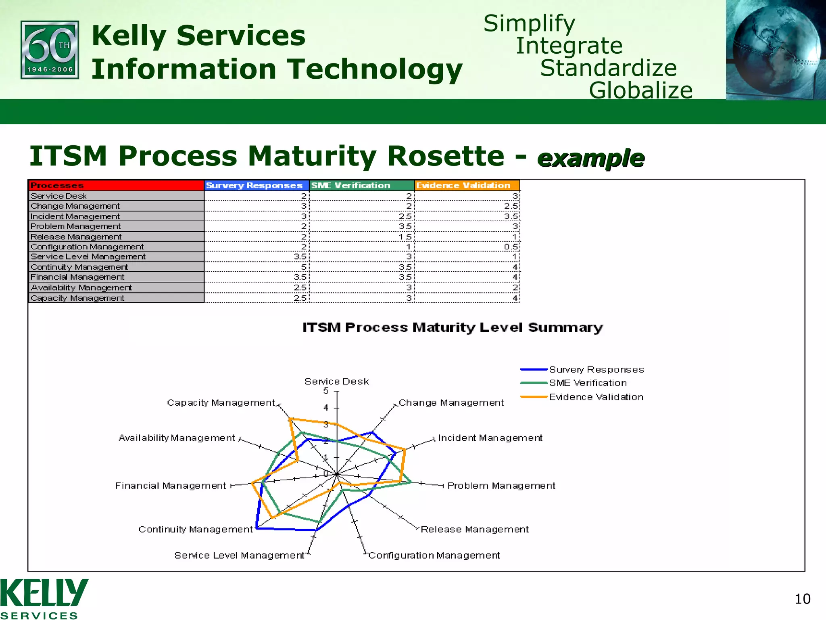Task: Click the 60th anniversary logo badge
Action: coord(50,50)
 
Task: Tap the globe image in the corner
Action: coord(775,50)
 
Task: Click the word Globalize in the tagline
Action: coord(640,90)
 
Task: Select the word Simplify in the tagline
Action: coord(529,23)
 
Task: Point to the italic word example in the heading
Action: coord(591,158)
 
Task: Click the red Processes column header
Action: coord(116,185)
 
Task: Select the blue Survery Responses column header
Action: coord(256,185)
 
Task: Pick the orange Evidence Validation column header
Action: coord(466,185)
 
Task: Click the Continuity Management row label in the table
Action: coord(79,267)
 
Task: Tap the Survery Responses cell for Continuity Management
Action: coord(257,267)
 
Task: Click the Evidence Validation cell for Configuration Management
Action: coord(467,247)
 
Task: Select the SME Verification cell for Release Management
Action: coord(362,237)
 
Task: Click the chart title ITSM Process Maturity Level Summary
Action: coord(453,327)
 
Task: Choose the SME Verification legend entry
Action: coord(587,383)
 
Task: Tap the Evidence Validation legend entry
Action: coord(596,397)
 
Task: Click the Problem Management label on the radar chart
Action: coord(501,486)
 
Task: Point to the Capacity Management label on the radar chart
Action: coord(221,402)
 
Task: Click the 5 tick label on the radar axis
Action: coord(326,391)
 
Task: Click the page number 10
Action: coord(802,599)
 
